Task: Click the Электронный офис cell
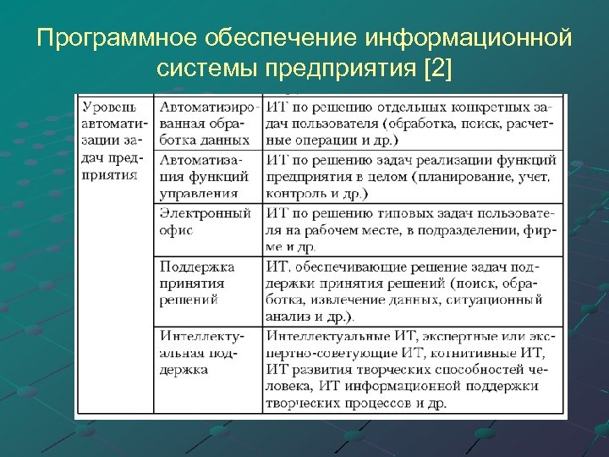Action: pyautogui.click(x=206, y=222)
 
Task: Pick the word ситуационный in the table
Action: pyautogui.click(x=499, y=299)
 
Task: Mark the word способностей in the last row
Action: pyautogui.click(x=464, y=370)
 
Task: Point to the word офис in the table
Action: pyautogui.click(x=176, y=230)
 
